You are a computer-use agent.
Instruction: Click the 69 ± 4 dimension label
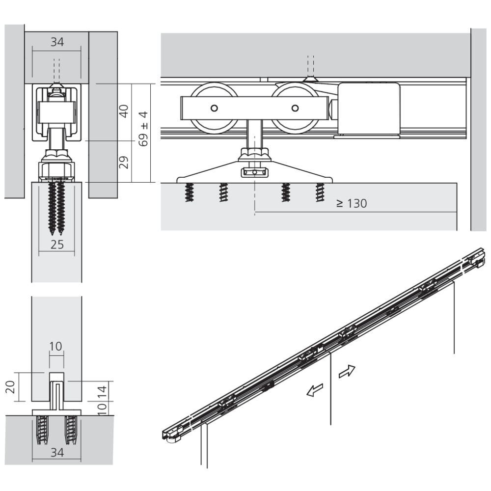click(143, 129)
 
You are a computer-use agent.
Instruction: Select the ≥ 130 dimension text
click(352, 204)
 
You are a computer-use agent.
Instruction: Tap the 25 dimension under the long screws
click(57, 245)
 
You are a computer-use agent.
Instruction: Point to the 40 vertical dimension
click(124, 111)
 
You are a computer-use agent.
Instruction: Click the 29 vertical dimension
click(124, 163)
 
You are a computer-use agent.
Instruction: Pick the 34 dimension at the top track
click(57, 42)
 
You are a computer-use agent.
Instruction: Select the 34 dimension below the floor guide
click(57, 453)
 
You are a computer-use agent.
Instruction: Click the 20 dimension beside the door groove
click(10, 387)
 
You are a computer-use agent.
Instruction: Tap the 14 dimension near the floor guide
click(102, 392)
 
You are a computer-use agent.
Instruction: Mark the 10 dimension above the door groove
click(56, 346)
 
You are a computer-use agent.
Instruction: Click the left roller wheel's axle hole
click(214, 109)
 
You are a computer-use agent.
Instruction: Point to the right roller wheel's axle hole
click(295, 109)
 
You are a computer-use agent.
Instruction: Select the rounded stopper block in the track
click(369, 109)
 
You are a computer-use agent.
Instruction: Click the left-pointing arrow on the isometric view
click(315, 390)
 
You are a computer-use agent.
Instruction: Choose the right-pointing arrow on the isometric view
click(347, 372)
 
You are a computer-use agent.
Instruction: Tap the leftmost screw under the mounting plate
click(189, 192)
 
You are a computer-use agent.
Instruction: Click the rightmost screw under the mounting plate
click(320, 192)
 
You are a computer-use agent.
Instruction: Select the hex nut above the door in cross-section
click(56, 170)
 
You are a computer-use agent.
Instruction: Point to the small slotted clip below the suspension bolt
click(254, 172)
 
